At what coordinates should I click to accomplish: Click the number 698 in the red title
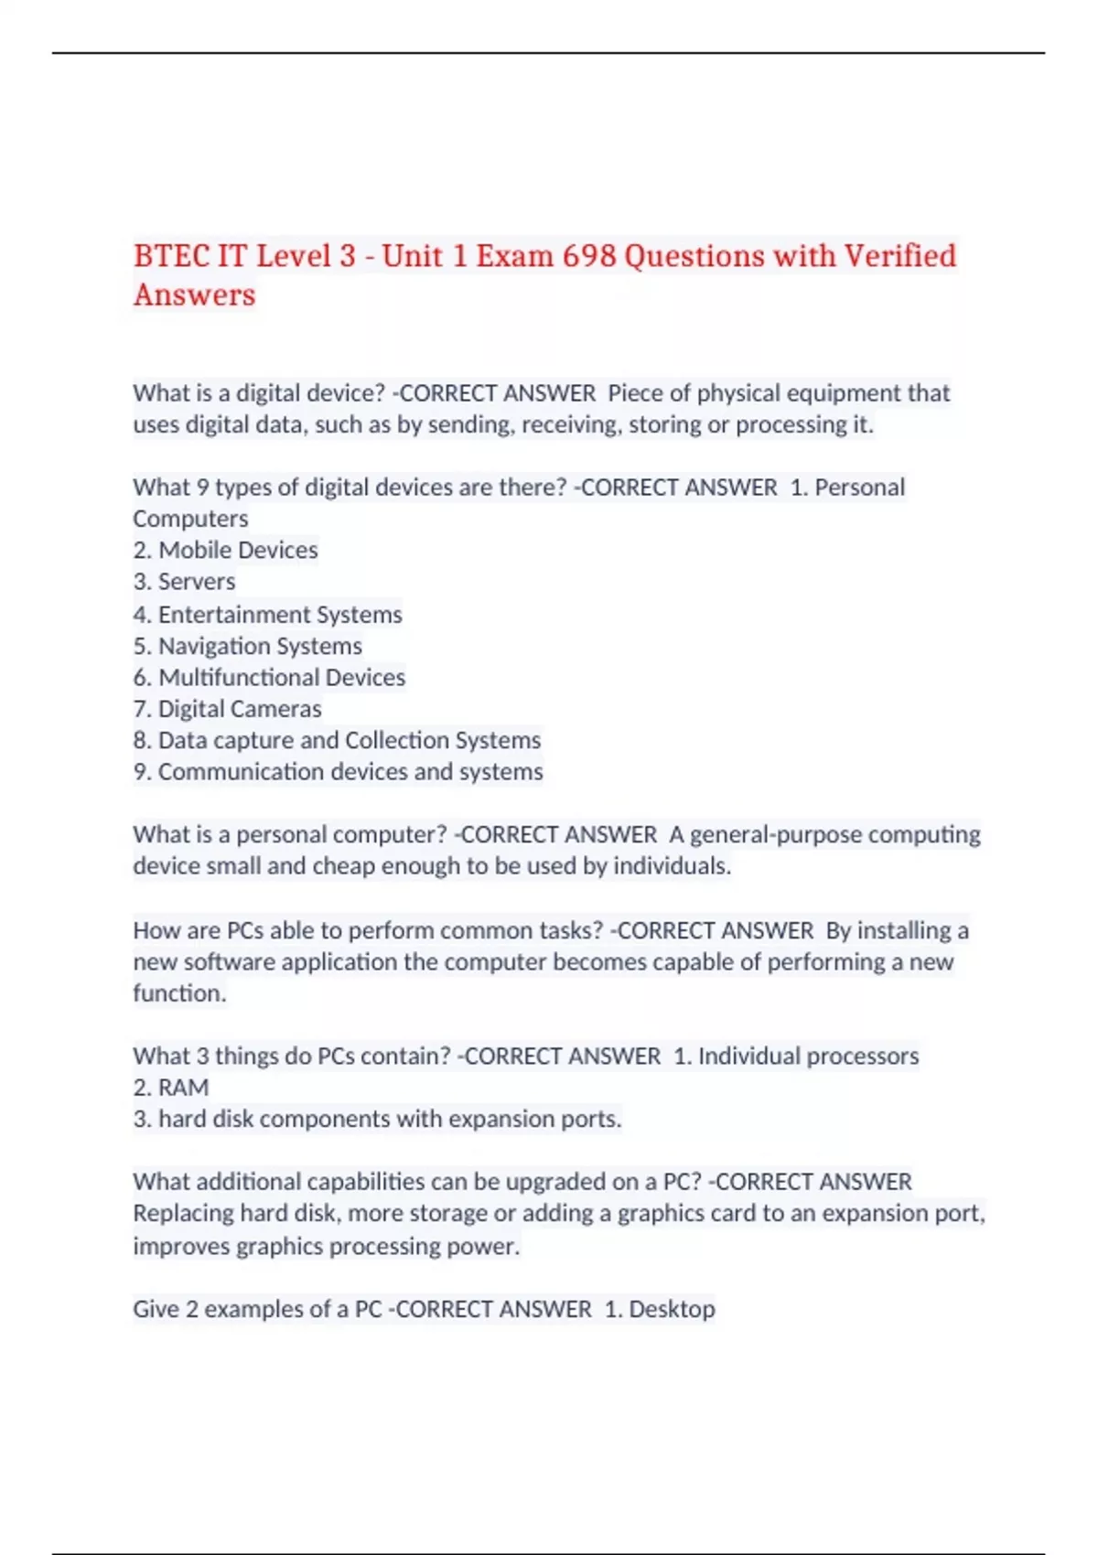pyautogui.click(x=588, y=256)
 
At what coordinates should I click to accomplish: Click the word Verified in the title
pyautogui.click(x=899, y=256)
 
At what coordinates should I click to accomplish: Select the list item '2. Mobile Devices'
pyautogui.click(x=225, y=550)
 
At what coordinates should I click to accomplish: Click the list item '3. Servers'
pyautogui.click(x=184, y=582)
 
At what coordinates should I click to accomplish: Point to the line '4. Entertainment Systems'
pyautogui.click(x=267, y=614)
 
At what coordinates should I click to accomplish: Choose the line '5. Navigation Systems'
pyautogui.click(x=247, y=646)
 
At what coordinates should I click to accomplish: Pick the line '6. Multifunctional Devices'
pyautogui.click(x=269, y=677)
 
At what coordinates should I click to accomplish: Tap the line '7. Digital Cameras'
pyautogui.click(x=227, y=709)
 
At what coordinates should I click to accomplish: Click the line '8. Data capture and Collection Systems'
pyautogui.click(x=337, y=740)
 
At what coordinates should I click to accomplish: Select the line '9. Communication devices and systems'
pyautogui.click(x=338, y=772)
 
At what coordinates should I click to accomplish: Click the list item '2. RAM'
pyautogui.click(x=171, y=1088)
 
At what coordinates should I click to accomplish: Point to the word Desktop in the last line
pyautogui.click(x=672, y=1309)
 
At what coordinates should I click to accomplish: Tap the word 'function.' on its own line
pyautogui.click(x=179, y=993)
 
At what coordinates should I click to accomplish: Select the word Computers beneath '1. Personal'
pyautogui.click(x=190, y=519)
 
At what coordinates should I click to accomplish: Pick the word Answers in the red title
pyautogui.click(x=194, y=295)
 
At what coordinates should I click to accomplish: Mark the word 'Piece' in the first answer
pyautogui.click(x=635, y=393)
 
